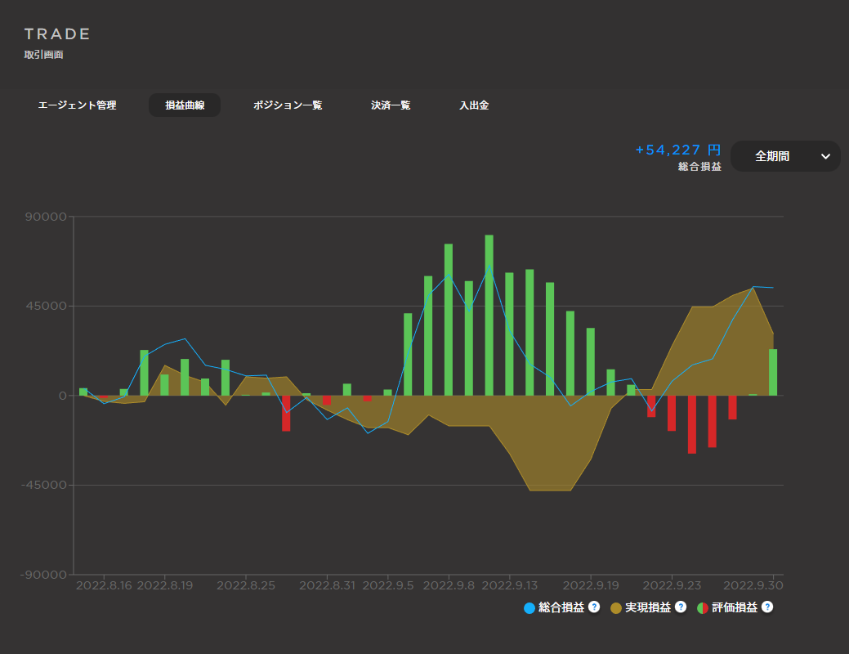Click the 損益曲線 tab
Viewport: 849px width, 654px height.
(185, 105)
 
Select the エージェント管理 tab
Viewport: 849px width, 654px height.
(78, 105)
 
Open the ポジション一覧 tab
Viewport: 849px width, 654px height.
(288, 105)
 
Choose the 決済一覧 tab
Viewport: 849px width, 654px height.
(391, 105)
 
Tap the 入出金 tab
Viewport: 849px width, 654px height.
(474, 105)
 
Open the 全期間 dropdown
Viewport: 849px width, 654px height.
(785, 156)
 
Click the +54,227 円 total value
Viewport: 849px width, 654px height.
(678, 150)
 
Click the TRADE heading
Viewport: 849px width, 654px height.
(57, 34)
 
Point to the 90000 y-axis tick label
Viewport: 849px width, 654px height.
(45, 217)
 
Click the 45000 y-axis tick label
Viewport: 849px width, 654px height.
(45, 307)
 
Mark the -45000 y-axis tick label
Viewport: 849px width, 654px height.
(42, 485)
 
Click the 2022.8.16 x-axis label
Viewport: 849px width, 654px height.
(104, 585)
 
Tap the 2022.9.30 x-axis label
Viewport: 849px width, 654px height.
(753, 585)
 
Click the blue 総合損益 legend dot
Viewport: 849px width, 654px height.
(530, 608)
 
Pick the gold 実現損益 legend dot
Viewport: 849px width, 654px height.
(616, 608)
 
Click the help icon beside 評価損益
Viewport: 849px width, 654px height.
(767, 607)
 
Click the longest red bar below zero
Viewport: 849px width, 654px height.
(692, 424)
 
